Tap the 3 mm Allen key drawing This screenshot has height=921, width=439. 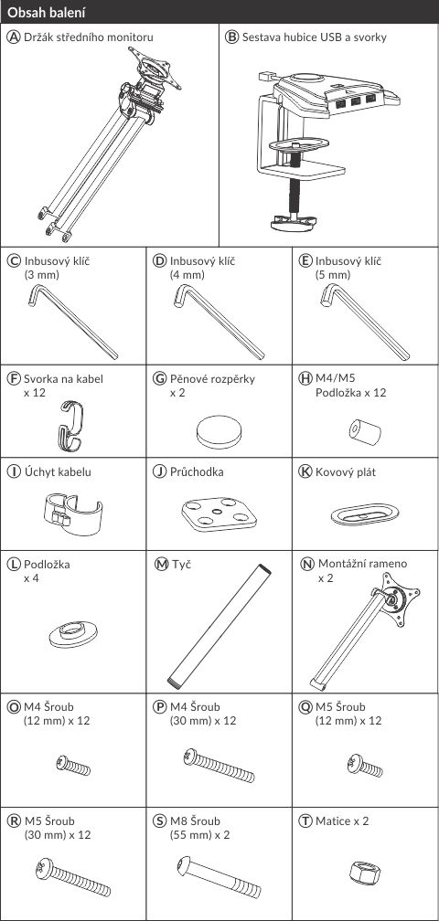tap(71, 322)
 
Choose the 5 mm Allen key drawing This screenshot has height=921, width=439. tap(364, 322)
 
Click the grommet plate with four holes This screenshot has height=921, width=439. tap(219, 514)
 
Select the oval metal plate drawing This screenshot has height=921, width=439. tap(365, 513)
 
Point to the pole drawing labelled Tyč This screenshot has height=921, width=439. tap(219, 628)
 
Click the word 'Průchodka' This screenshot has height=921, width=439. tap(197, 471)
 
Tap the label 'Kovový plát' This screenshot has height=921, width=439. tap(342, 471)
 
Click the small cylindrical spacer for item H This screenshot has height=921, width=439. tap(364, 431)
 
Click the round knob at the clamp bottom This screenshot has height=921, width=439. tap(294, 223)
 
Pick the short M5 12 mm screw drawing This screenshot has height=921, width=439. tap(365, 766)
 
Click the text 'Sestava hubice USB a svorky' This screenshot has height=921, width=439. tap(315, 37)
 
